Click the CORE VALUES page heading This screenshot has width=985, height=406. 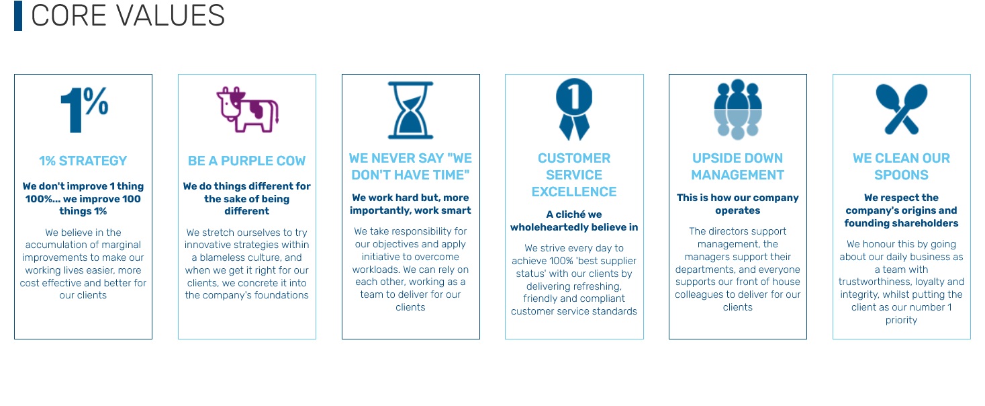click(128, 16)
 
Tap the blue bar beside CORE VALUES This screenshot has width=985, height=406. click(18, 16)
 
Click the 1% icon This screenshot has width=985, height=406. click(83, 107)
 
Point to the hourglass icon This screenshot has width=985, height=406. click(410, 110)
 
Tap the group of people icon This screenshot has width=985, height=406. click(737, 109)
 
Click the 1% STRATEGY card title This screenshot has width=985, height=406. click(83, 161)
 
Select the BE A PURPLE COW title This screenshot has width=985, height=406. click(247, 161)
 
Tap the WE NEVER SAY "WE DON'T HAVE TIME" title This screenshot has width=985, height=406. click(410, 167)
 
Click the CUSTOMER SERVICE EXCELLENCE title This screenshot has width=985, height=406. click(574, 175)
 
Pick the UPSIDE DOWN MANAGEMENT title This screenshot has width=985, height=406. click(737, 167)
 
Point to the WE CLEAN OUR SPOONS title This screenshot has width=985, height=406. click(901, 167)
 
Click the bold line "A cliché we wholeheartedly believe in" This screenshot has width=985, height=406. click(574, 221)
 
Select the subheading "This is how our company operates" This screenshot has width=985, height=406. click(737, 204)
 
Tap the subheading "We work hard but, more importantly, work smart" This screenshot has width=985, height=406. click(410, 204)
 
